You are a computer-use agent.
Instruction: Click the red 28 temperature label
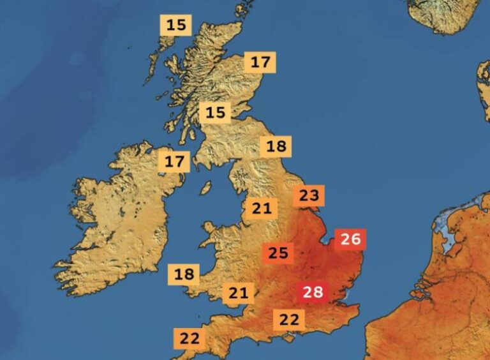click(x=313, y=293)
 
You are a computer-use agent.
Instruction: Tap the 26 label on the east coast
click(x=351, y=239)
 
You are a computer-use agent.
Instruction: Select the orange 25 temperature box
click(x=278, y=253)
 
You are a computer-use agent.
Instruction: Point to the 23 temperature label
click(x=309, y=196)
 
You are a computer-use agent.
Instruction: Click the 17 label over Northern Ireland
click(x=174, y=161)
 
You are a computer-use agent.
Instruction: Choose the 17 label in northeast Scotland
click(x=260, y=63)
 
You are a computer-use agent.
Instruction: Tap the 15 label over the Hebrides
click(x=176, y=26)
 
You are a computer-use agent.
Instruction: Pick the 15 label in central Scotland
click(x=216, y=113)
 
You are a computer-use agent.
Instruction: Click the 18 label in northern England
click(x=276, y=146)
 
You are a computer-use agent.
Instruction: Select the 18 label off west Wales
click(x=184, y=274)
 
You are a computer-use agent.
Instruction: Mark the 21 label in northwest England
click(x=262, y=208)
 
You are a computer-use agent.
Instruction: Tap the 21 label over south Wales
click(x=238, y=294)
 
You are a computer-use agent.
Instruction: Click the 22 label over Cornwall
click(x=189, y=338)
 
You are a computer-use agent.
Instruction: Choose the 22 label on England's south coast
click(x=289, y=320)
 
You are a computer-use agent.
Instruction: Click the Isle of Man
click(x=206, y=188)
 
